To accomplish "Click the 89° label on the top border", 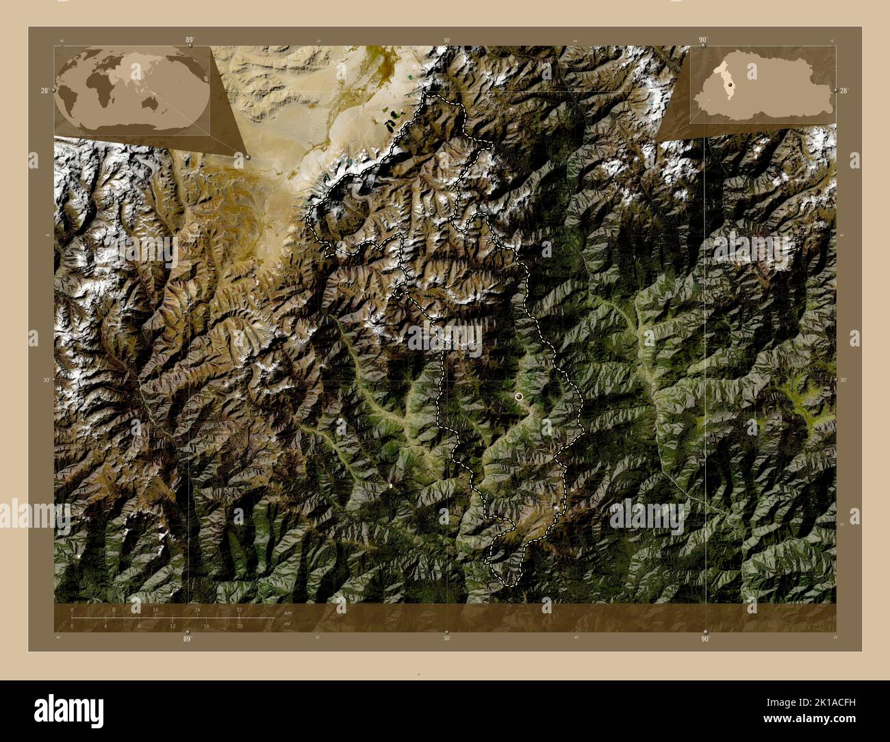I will tap(189, 40).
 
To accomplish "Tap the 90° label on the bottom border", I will tap(705, 639).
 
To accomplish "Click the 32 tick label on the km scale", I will tap(239, 609).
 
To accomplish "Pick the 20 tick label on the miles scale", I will tap(240, 626).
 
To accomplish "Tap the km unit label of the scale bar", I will tap(288, 613).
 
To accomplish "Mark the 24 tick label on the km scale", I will tap(197, 609).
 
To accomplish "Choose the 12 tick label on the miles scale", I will tap(173, 626).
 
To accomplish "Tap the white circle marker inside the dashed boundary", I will tap(519, 396).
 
